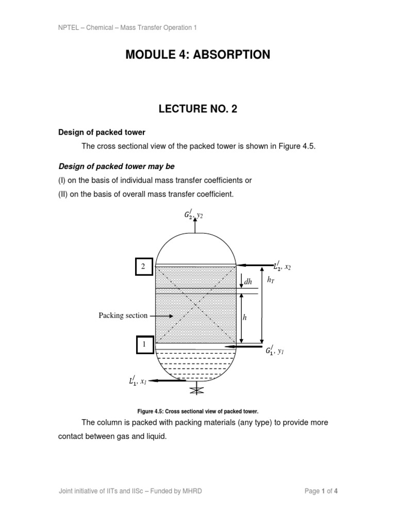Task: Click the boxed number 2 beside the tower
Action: [144, 267]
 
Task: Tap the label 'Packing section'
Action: [123, 316]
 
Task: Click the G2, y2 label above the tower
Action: [194, 215]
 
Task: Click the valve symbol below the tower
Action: [194, 390]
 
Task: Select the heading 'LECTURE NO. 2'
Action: [197, 109]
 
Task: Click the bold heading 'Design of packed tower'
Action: [102, 133]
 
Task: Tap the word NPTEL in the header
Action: [68, 27]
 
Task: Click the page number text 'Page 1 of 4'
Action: [321, 491]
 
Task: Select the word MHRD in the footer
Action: [192, 491]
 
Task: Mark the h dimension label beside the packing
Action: [245, 318]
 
